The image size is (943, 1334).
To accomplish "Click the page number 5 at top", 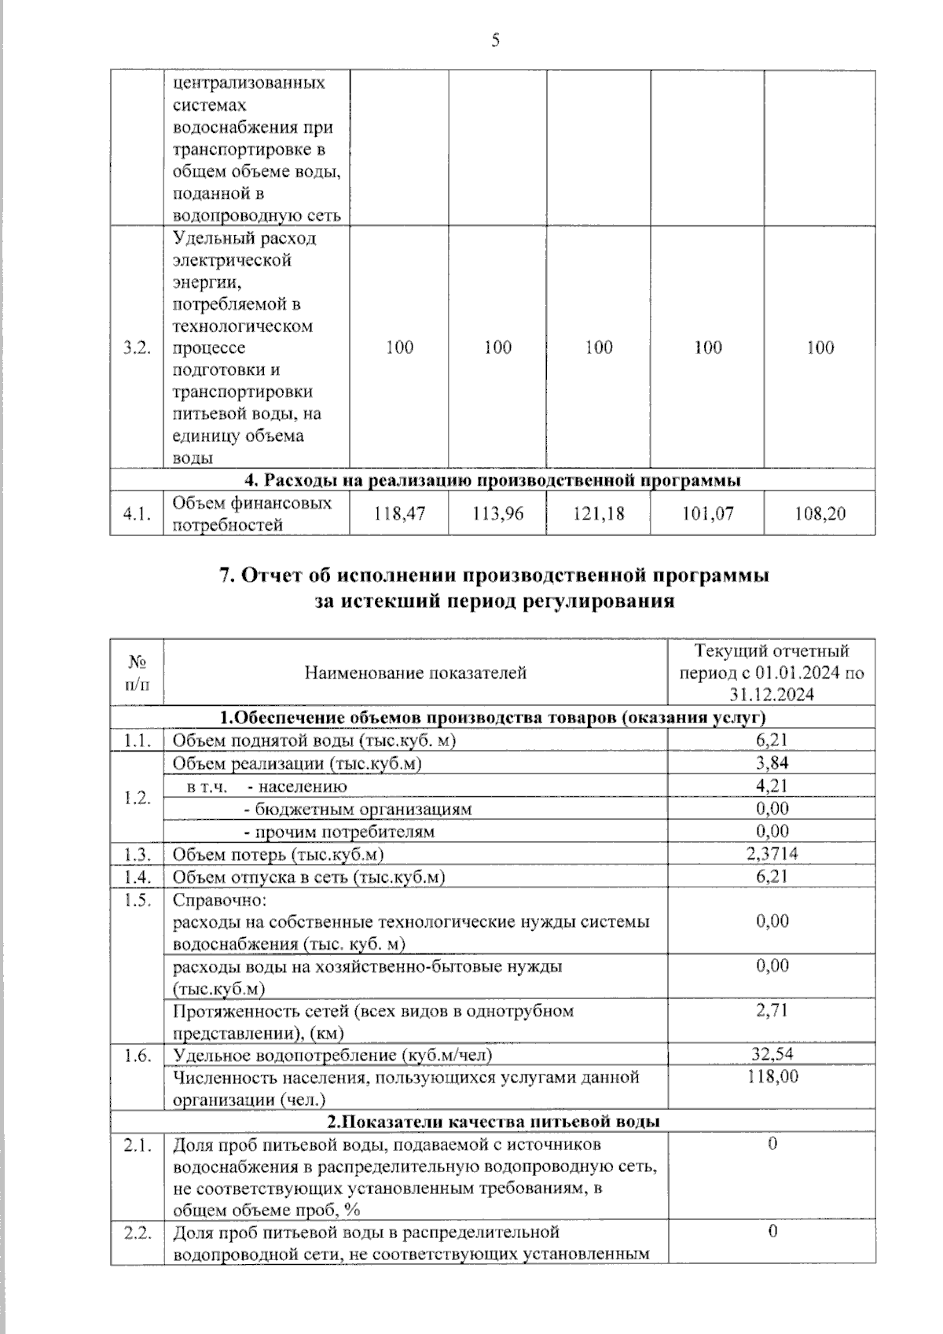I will tap(495, 41).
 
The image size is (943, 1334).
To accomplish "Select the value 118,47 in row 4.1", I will tap(399, 514).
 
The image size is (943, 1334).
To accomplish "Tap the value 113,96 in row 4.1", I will tap(497, 514).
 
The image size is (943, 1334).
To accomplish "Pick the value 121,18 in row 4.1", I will tap(599, 514).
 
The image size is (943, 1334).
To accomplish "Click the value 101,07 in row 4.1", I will tap(707, 514).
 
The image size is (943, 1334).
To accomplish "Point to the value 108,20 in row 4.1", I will tap(820, 514).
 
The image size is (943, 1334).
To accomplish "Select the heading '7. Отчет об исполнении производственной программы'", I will tap(494, 575).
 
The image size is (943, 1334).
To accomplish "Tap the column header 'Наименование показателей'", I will tap(415, 673).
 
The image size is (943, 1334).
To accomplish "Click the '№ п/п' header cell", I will tap(137, 673).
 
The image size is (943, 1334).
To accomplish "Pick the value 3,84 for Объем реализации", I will tap(772, 763).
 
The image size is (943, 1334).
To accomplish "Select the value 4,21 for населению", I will tap(772, 785).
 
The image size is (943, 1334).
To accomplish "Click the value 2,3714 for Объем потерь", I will tap(772, 854).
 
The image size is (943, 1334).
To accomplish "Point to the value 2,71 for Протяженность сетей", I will tap(772, 1010).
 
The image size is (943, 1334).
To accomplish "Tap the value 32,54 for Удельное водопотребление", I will tap(772, 1054).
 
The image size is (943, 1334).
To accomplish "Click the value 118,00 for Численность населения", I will tap(772, 1076).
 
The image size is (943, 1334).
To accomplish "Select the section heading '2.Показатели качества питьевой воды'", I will tap(494, 1121).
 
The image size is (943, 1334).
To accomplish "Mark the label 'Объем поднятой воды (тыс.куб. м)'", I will tap(314, 740).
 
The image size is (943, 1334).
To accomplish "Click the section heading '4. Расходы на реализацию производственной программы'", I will tap(494, 480).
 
